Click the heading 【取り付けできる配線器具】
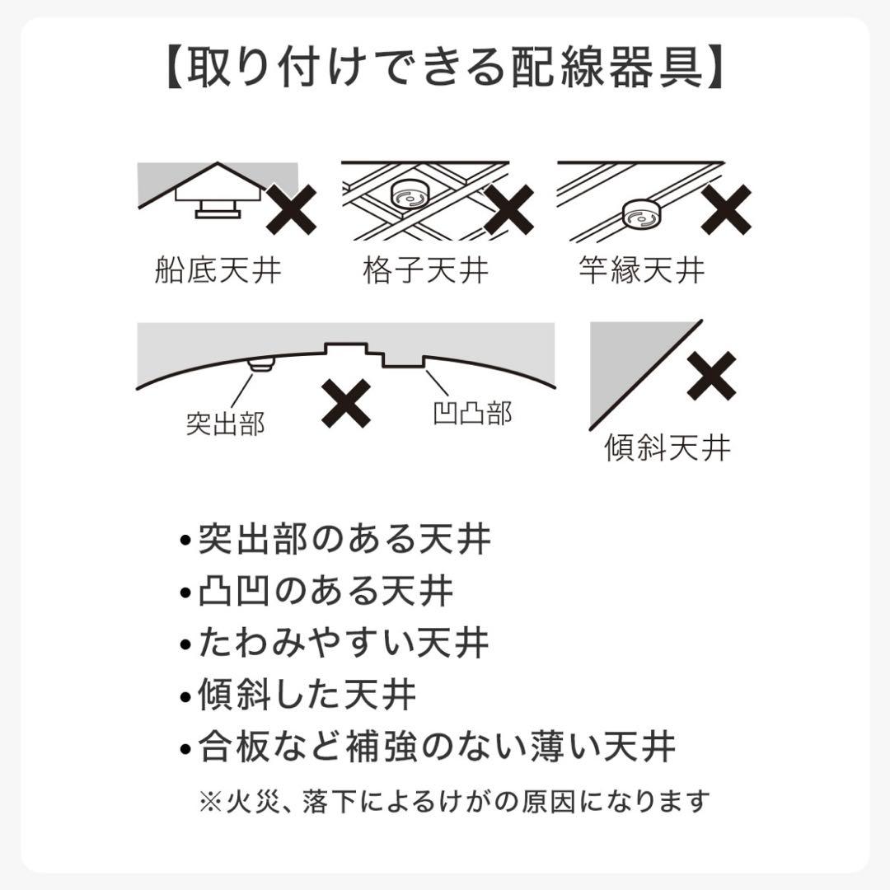(x=444, y=67)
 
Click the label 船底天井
(x=218, y=269)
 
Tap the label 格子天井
(x=426, y=269)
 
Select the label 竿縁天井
(x=642, y=269)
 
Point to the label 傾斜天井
(x=667, y=447)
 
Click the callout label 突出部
(x=226, y=424)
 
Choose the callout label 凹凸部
(x=472, y=413)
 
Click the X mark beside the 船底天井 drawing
(x=291, y=209)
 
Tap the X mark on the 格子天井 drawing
(x=509, y=209)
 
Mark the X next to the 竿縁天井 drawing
(x=726, y=209)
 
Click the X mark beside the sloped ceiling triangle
(x=712, y=376)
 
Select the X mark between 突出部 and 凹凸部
(x=346, y=404)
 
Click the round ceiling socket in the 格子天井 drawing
(x=409, y=196)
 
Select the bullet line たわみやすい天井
(x=335, y=643)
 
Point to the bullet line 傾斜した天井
(x=298, y=695)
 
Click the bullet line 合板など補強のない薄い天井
(x=428, y=747)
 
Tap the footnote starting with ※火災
(x=455, y=802)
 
